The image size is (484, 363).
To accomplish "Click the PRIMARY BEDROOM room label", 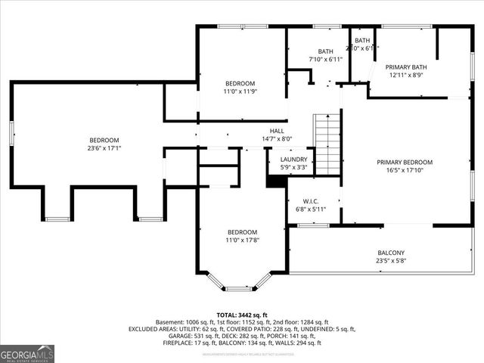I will [405, 162].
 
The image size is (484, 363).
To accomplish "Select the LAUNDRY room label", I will [293, 160].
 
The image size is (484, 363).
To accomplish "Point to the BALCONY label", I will [391, 253].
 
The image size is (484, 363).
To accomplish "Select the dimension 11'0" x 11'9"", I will [240, 92].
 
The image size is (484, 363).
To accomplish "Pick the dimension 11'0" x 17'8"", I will [243, 240].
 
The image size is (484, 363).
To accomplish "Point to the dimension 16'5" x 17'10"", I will [405, 171].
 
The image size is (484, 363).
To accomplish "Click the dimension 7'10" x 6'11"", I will [325, 59].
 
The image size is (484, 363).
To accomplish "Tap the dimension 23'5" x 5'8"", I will [391, 262].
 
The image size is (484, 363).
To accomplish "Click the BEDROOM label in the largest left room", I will [104, 140].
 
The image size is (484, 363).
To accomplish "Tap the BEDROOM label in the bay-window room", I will [243, 231].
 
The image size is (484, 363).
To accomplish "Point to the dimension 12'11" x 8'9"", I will [411, 76].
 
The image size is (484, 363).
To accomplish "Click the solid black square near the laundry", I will [273, 181].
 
